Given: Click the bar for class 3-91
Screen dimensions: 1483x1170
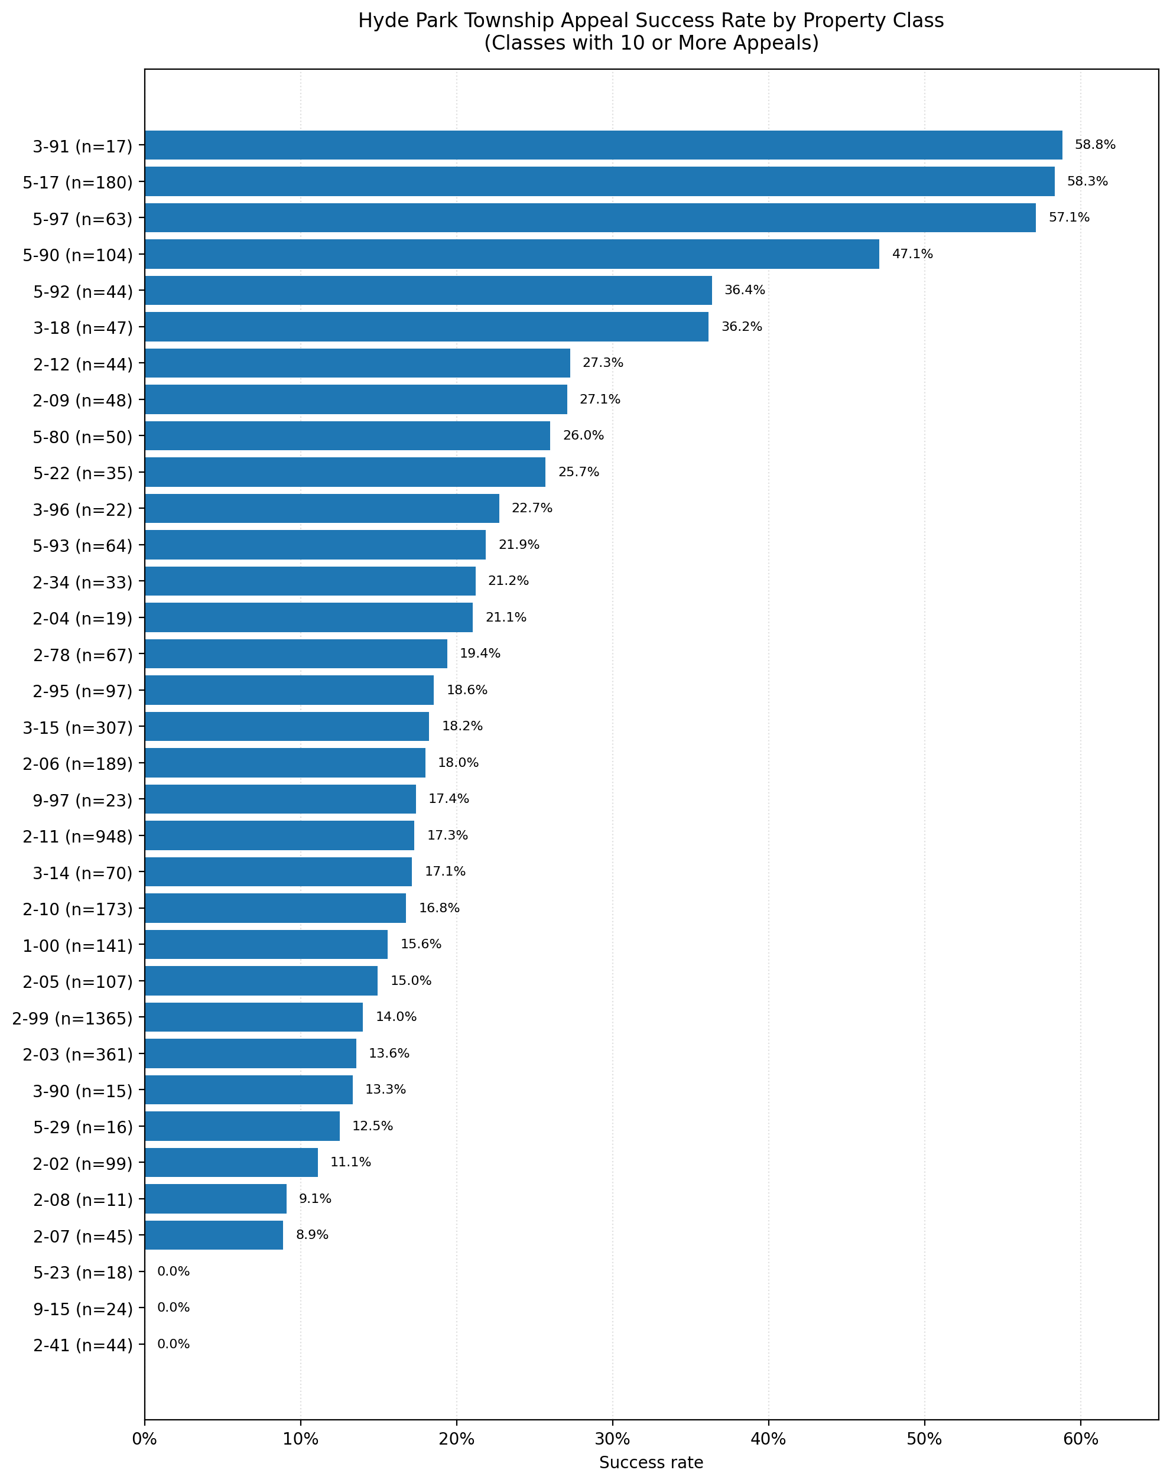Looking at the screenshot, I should [x=603, y=145].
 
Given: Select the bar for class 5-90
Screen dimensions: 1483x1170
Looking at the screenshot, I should [x=511, y=254].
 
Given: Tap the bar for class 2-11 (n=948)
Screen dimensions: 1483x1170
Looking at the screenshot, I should [x=279, y=835].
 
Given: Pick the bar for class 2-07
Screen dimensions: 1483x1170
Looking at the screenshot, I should [x=213, y=1235].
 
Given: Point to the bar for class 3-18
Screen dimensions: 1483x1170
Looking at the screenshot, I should [x=426, y=327].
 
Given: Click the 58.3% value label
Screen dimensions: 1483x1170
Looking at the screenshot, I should [x=1087, y=181].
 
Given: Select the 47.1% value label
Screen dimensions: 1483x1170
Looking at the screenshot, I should [x=912, y=254].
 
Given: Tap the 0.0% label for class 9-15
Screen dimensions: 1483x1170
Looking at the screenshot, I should [x=173, y=1308].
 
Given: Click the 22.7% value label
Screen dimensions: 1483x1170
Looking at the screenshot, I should [x=532, y=508].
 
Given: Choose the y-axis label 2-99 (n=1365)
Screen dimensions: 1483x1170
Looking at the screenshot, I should [x=72, y=1018].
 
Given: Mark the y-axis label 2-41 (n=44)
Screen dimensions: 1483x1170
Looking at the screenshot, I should [x=82, y=1345].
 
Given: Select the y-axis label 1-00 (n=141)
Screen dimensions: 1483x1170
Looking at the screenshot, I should [x=77, y=945].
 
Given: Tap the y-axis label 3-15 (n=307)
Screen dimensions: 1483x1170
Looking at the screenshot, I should [x=77, y=727].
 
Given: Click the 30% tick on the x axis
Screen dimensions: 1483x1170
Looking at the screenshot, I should [x=612, y=1440].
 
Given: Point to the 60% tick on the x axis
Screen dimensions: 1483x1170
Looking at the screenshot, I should [x=1080, y=1440].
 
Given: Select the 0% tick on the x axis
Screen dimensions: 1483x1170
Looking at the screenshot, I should [x=145, y=1440].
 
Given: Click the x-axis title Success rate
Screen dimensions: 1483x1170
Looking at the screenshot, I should [x=651, y=1463].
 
